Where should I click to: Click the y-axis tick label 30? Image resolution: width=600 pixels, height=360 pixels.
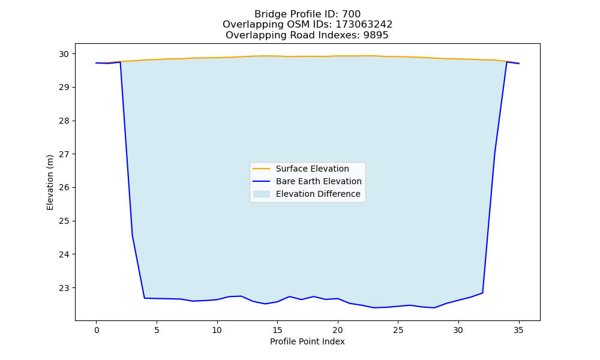(64, 54)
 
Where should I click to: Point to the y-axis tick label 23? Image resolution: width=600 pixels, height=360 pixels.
(64, 287)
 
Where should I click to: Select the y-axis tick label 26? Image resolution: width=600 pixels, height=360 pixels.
(64, 187)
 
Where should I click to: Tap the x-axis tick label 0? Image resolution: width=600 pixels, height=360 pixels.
(97, 330)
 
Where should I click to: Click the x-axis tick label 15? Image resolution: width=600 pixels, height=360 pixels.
(277, 330)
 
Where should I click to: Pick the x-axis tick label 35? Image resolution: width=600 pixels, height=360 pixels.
(518, 330)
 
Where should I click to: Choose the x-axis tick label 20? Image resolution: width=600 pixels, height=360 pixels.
(337, 330)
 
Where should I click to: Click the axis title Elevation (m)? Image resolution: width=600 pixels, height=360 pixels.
(50, 182)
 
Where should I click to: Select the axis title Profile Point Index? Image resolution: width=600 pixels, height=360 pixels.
(307, 341)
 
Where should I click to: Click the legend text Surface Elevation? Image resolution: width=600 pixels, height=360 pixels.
(312, 169)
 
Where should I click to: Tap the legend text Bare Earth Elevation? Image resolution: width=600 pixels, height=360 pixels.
(319, 181)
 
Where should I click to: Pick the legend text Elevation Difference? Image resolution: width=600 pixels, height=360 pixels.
(318, 194)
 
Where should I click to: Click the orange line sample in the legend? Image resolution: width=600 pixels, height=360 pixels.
(262, 169)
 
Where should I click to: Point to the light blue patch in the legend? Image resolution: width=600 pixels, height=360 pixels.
(262, 194)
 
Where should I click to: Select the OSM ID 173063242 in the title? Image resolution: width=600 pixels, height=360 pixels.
(364, 25)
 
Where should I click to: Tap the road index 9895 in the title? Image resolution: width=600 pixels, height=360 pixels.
(376, 35)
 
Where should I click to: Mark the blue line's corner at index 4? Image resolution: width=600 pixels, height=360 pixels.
(145, 298)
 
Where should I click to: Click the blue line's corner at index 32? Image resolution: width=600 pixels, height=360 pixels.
(482, 293)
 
